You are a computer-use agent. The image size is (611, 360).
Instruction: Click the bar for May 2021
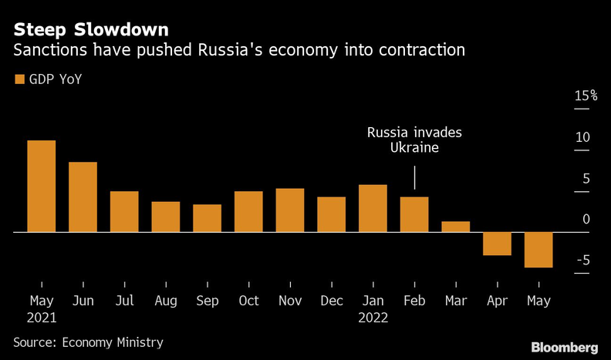(42, 186)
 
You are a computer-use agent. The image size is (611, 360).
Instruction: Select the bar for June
(83, 197)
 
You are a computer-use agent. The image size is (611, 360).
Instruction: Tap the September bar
(207, 218)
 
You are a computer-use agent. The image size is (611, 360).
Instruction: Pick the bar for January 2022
(373, 208)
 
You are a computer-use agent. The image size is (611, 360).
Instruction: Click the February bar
(414, 214)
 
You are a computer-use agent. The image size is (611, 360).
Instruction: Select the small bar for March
(455, 227)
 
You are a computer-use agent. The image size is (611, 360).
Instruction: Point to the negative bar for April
(497, 244)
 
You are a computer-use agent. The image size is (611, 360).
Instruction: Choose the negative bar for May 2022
(538, 250)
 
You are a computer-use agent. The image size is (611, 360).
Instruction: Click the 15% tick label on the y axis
(585, 96)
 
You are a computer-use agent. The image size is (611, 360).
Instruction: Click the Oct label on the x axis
(248, 301)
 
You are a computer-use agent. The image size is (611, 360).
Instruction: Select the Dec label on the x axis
(331, 301)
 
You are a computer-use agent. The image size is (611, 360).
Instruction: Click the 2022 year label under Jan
(373, 317)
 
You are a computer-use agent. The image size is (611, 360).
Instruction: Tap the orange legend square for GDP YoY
(19, 79)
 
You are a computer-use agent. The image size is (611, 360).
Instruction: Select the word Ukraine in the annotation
(414, 148)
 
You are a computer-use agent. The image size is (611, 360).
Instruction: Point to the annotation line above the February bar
(415, 178)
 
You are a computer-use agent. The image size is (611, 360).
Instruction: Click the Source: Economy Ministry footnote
(88, 341)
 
